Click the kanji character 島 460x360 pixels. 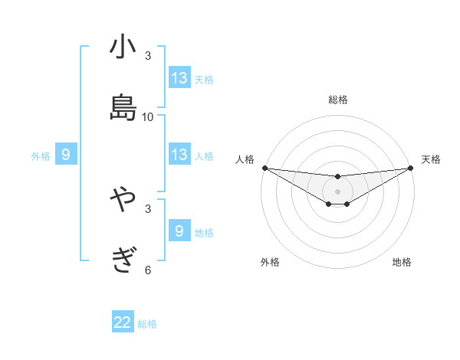tap(123, 106)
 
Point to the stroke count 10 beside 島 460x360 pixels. tap(148, 117)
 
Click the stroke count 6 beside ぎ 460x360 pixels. tap(148, 270)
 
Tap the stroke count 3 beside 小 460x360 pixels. tap(148, 56)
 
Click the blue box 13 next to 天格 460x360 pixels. tap(179, 78)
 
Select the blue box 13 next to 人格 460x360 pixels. tap(179, 155)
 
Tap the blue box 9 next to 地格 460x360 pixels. tap(179, 231)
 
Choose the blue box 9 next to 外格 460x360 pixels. tap(66, 155)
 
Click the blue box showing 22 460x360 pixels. tap(123, 322)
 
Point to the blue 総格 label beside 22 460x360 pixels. tap(147, 324)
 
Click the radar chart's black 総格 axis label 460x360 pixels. tap(337, 100)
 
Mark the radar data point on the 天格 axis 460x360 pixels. tap(411, 169)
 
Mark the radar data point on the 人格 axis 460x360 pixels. tap(264, 168)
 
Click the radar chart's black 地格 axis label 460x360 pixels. tap(402, 262)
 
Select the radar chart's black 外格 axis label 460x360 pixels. tap(270, 262)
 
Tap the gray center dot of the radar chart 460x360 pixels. tap(337, 191)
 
